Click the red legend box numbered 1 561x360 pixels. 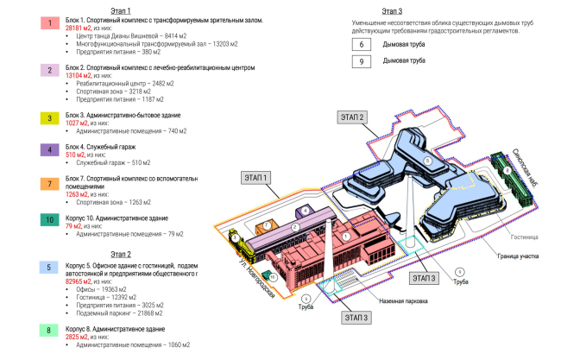pos(50,22)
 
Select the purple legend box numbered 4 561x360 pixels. pos(50,149)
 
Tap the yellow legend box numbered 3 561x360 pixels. pos(50,118)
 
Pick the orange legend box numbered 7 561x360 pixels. pos(50,183)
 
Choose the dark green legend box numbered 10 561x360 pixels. pos(50,220)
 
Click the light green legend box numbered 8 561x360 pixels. pos(50,329)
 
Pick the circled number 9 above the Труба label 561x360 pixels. pos(459,272)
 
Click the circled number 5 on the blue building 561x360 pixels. pos(426,161)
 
